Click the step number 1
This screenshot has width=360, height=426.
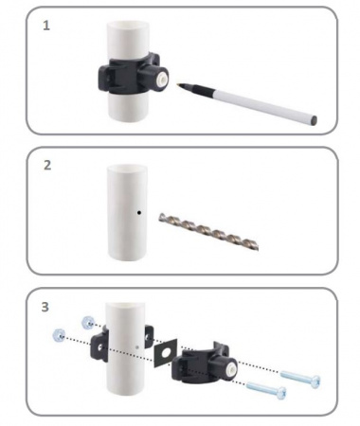coord(46,26)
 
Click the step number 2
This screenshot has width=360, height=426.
coord(47,165)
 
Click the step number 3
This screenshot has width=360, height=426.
coord(45,307)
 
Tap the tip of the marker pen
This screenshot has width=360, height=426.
coord(178,84)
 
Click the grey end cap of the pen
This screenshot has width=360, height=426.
coord(314,120)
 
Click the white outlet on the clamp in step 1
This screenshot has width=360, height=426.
coord(162,77)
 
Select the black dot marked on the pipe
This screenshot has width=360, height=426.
coord(139,213)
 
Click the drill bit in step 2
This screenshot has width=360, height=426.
coord(209,231)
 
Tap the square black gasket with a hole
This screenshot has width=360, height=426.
coord(166,353)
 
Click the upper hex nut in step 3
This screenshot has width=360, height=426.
coord(87,322)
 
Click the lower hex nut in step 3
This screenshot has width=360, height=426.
coord(60,335)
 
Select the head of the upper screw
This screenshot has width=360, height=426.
coord(315,382)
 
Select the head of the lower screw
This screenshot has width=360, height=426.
coord(281,393)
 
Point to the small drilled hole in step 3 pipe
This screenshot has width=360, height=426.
coord(137,347)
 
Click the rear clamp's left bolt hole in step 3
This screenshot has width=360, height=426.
coord(99,348)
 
